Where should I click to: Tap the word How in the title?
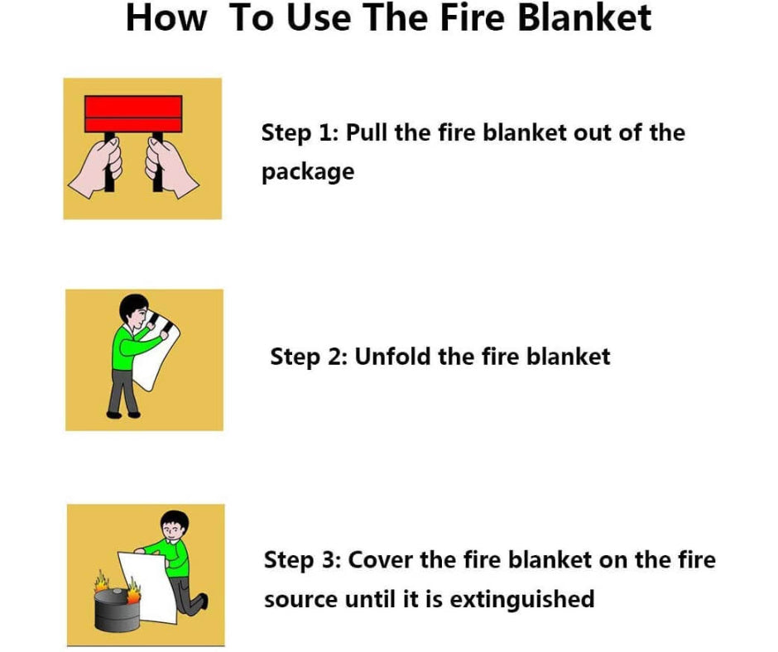coord(166,18)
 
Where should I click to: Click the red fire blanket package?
coord(133,114)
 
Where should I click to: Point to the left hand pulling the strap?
coord(97,168)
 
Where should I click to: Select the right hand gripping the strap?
coord(171,168)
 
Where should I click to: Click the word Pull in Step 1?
coord(367,132)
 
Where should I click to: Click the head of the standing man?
coord(134,313)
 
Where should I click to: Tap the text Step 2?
coord(309,357)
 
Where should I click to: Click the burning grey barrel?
coord(118,609)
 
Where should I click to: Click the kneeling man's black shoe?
coord(203,602)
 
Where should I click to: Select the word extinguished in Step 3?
coord(522,599)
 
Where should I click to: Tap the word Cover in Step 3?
coord(381,560)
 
